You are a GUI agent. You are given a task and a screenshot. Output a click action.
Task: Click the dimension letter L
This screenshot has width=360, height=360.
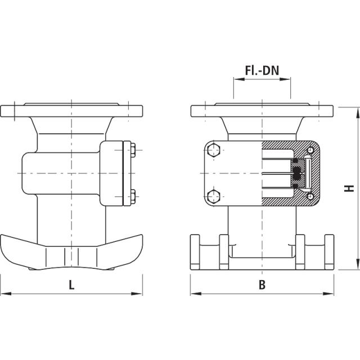71,285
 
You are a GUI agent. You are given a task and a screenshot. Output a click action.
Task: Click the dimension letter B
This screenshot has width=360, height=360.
262,285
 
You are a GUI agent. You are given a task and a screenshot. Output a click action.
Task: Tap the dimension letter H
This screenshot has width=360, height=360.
349,188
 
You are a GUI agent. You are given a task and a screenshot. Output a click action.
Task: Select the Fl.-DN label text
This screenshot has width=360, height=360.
262,71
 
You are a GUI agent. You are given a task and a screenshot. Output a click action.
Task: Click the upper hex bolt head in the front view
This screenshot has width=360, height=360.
213,151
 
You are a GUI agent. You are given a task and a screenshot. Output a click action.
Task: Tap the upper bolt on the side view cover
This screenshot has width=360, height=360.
133,150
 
